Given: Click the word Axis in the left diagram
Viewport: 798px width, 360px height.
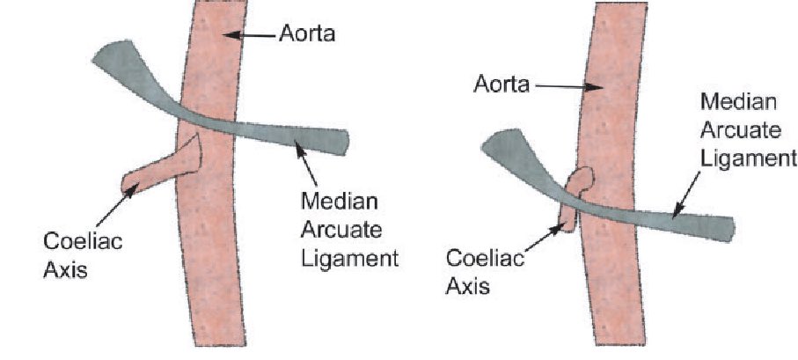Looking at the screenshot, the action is (x=63, y=270).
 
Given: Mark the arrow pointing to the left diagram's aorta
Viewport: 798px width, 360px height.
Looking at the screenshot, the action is (x=251, y=35).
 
